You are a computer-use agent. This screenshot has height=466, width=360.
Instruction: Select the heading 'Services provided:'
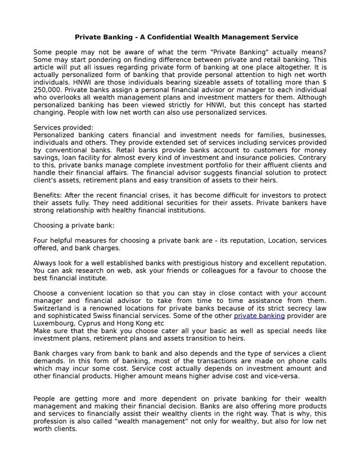(x=64, y=127)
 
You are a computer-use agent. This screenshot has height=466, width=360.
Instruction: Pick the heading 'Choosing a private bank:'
(x=74, y=226)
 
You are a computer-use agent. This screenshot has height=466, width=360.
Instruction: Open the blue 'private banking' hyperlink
(x=259, y=316)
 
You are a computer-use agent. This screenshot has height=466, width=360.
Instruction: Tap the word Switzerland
(x=56, y=309)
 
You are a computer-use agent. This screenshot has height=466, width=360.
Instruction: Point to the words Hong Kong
(x=138, y=324)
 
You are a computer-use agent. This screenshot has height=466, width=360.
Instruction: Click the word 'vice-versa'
(x=280, y=377)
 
